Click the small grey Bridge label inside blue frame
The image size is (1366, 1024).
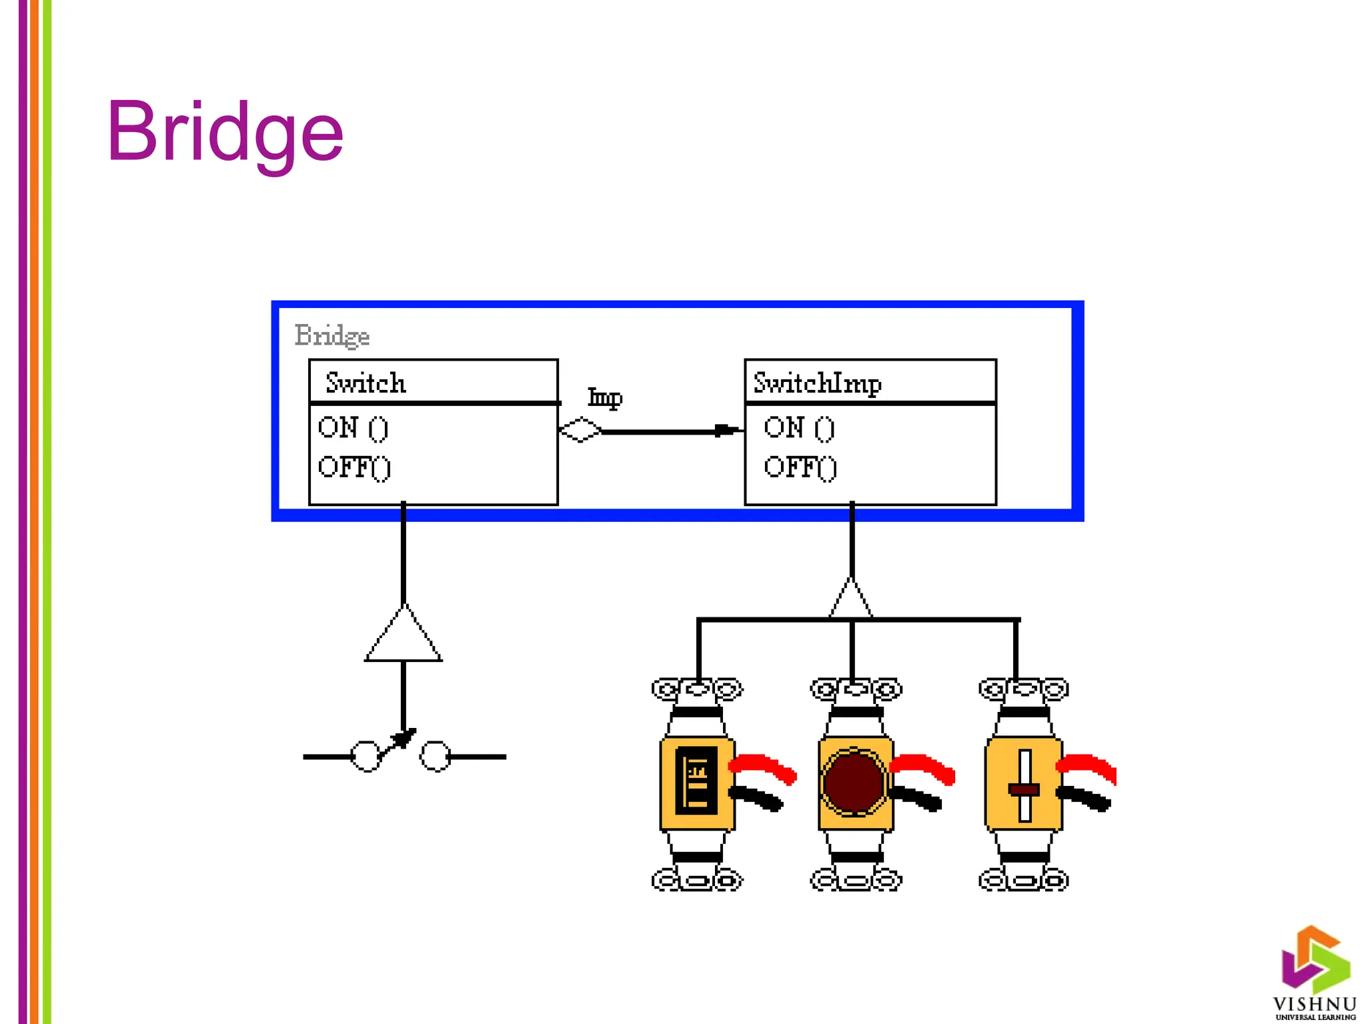[331, 335]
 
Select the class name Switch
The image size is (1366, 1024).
[366, 383]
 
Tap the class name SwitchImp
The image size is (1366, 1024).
[817, 383]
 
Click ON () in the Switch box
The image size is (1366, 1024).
[353, 428]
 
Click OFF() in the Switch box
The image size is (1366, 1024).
[354, 467]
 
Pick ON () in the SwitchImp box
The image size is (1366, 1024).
[798, 428]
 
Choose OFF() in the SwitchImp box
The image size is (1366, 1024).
[800, 467]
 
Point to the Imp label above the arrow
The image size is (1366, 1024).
[604, 398]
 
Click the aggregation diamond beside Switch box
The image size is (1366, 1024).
[580, 430]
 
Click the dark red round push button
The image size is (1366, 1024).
[853, 783]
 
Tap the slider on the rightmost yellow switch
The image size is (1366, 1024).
[1024, 789]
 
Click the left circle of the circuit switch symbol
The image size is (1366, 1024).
[366, 757]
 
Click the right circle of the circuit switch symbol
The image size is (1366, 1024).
[436, 757]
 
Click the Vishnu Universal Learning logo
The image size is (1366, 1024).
[1315, 973]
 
